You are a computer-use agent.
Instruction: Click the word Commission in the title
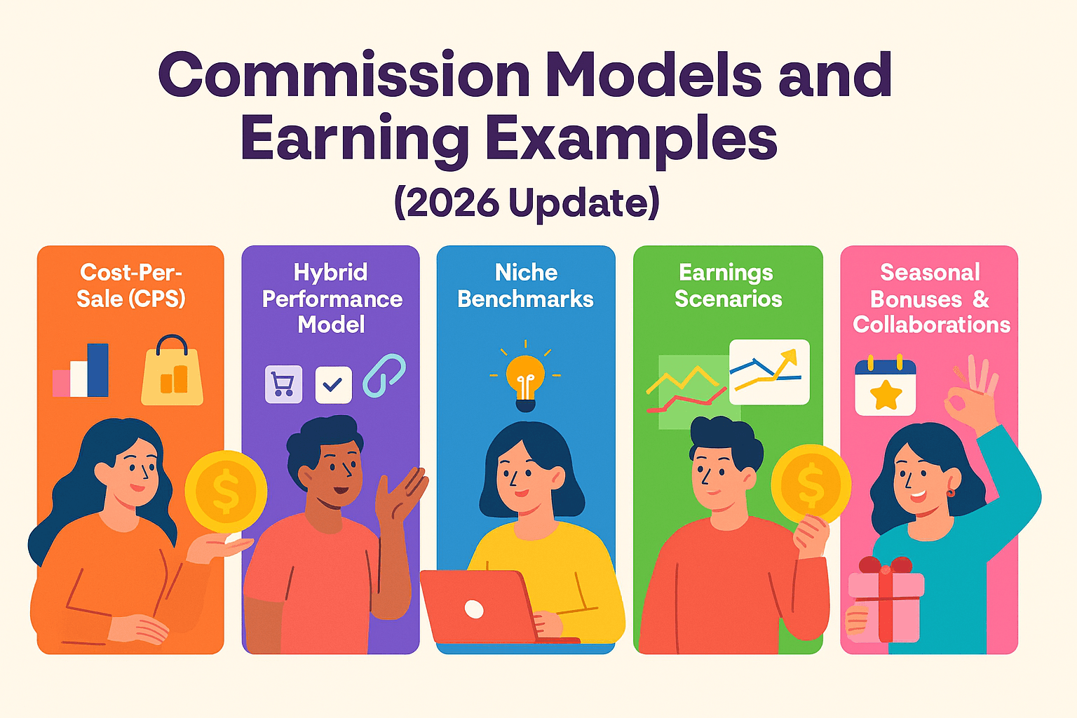[x=344, y=74]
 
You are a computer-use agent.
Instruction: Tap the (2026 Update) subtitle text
[x=527, y=203]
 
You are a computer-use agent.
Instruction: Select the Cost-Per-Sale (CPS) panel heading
[x=131, y=285]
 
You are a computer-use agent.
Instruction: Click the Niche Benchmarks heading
[x=525, y=285]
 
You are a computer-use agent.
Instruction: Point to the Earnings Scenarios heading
[x=728, y=285]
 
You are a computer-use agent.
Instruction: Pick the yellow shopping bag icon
[x=172, y=370]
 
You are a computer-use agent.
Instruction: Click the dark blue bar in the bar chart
[x=97, y=370]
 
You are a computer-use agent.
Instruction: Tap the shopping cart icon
[x=284, y=384]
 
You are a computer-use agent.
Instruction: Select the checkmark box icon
[x=333, y=385]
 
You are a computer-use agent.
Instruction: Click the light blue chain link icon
[x=384, y=375]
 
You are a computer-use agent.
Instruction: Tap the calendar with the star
[x=885, y=386]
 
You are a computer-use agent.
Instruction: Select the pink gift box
[x=886, y=600]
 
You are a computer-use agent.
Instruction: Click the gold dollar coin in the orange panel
[x=226, y=492]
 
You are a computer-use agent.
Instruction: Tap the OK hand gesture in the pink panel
[x=971, y=394]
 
